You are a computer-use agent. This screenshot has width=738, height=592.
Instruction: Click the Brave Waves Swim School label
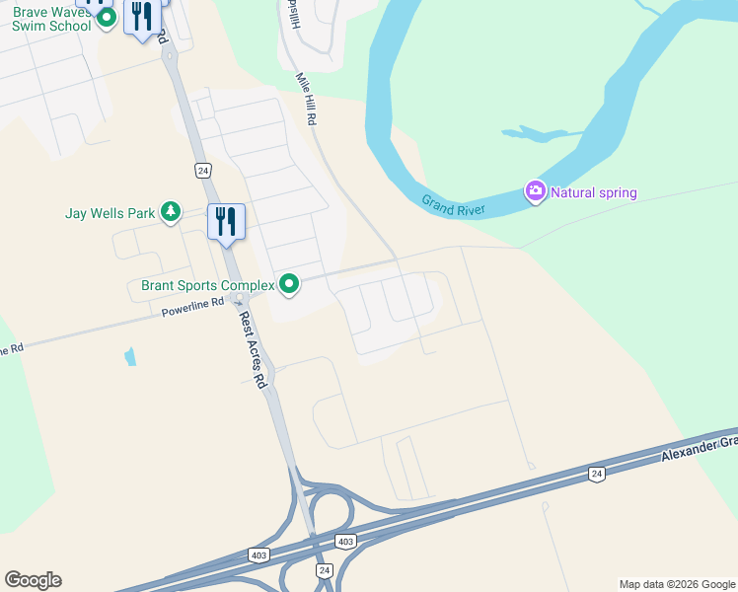pyautogui.click(x=49, y=18)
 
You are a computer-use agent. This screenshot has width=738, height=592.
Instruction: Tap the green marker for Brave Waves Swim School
pyautogui.click(x=109, y=16)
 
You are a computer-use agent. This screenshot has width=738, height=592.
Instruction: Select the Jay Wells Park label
pyautogui.click(x=110, y=212)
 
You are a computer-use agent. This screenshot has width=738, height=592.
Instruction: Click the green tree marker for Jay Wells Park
pyautogui.click(x=171, y=211)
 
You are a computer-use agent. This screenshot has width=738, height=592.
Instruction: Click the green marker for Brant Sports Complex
pyautogui.click(x=289, y=285)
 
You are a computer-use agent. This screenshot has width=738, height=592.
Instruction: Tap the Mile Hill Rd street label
pyautogui.click(x=306, y=98)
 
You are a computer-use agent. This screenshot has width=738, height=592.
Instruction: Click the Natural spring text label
pyautogui.click(x=594, y=192)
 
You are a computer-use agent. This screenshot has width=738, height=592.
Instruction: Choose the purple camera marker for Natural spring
pyautogui.click(x=536, y=190)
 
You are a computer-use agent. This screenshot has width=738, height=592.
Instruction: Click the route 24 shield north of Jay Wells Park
pyautogui.click(x=202, y=170)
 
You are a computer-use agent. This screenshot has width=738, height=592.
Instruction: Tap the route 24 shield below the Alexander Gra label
pyautogui.click(x=595, y=474)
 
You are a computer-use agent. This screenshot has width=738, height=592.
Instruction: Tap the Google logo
pyautogui.click(x=33, y=580)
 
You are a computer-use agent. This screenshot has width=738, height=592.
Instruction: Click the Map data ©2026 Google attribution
pyautogui.click(x=677, y=584)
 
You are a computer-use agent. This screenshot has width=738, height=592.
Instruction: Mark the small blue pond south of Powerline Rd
pyautogui.click(x=131, y=356)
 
